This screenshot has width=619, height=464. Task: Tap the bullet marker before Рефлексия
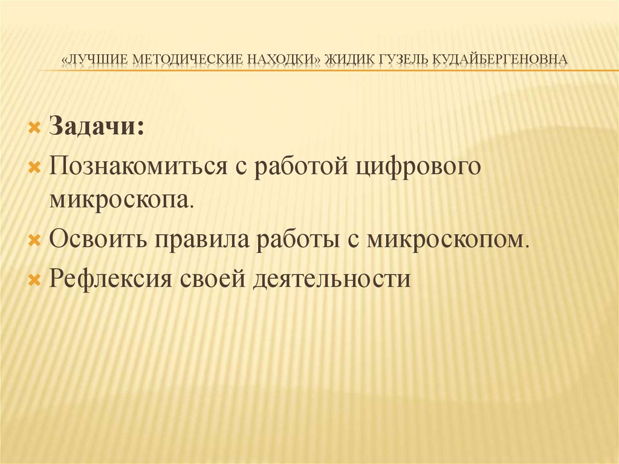(x=34, y=279)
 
